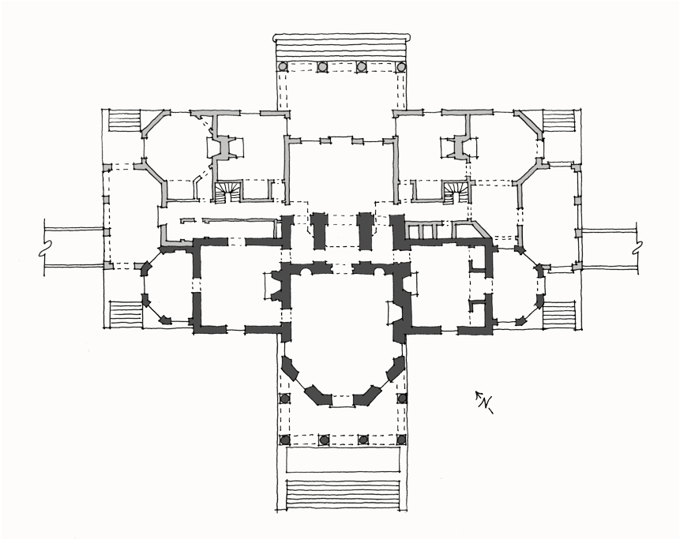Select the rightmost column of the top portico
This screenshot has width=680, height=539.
[400, 67]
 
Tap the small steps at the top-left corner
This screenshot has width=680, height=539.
[123, 123]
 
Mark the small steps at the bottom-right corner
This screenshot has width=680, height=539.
[561, 313]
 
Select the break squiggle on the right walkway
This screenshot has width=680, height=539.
[637, 245]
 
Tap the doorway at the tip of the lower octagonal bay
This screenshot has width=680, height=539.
[342, 401]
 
